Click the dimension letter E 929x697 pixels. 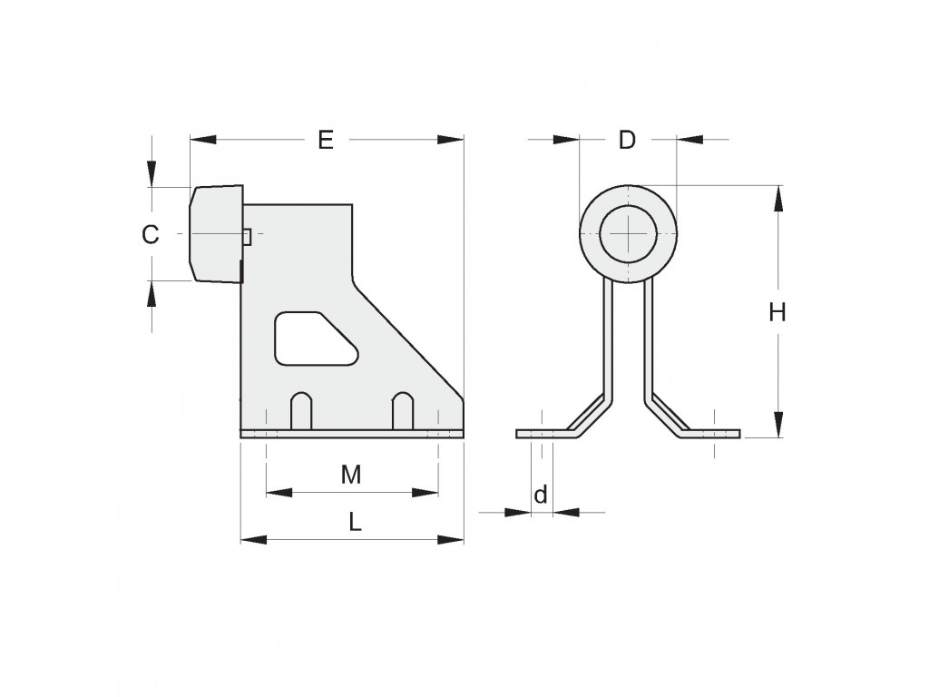(326, 140)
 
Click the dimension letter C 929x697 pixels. (151, 235)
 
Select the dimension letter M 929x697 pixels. (351, 474)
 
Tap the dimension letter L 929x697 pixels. (355, 522)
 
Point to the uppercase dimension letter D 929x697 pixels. (627, 140)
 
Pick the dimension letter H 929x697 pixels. (777, 312)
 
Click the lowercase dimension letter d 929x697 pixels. (541, 494)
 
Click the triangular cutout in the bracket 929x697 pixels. (315, 338)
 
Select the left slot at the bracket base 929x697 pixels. (301, 410)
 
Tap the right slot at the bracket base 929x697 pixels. (403, 410)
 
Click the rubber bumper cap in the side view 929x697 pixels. (216, 233)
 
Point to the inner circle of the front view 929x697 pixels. (628, 234)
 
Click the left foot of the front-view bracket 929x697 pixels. (545, 433)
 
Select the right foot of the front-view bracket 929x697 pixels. (711, 433)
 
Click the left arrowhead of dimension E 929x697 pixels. (202, 140)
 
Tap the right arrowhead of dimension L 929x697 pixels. (450, 539)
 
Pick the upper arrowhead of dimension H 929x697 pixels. (778, 198)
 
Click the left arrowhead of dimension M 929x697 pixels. (279, 492)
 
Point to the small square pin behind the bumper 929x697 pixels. (249, 237)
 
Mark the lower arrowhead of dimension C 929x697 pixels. (152, 293)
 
